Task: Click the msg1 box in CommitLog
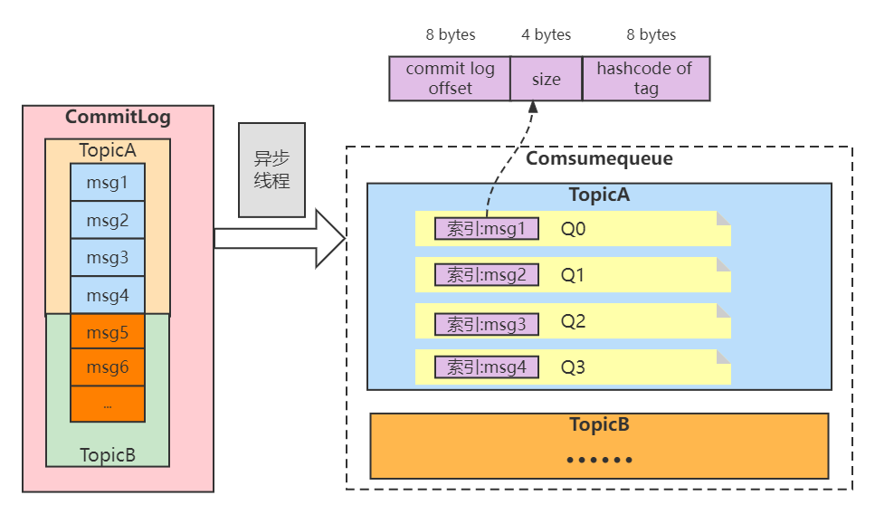coord(108,183)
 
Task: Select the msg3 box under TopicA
coord(108,258)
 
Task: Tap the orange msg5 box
coord(108,332)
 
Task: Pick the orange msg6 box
coord(108,367)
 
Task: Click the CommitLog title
coord(118,118)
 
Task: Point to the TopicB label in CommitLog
coord(108,454)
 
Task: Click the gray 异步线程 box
coord(271,170)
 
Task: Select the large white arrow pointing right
coord(281,239)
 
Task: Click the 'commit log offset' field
coord(450,79)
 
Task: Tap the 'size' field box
coord(546,79)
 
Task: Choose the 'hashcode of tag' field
coord(645,79)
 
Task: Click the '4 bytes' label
coord(546,35)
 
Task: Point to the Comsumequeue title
coord(599,159)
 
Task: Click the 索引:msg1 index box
coord(487,229)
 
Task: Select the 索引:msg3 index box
coord(487,323)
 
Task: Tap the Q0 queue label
coord(574,230)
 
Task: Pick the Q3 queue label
coord(574,367)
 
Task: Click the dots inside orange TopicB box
coord(599,460)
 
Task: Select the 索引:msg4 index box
coord(487,367)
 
